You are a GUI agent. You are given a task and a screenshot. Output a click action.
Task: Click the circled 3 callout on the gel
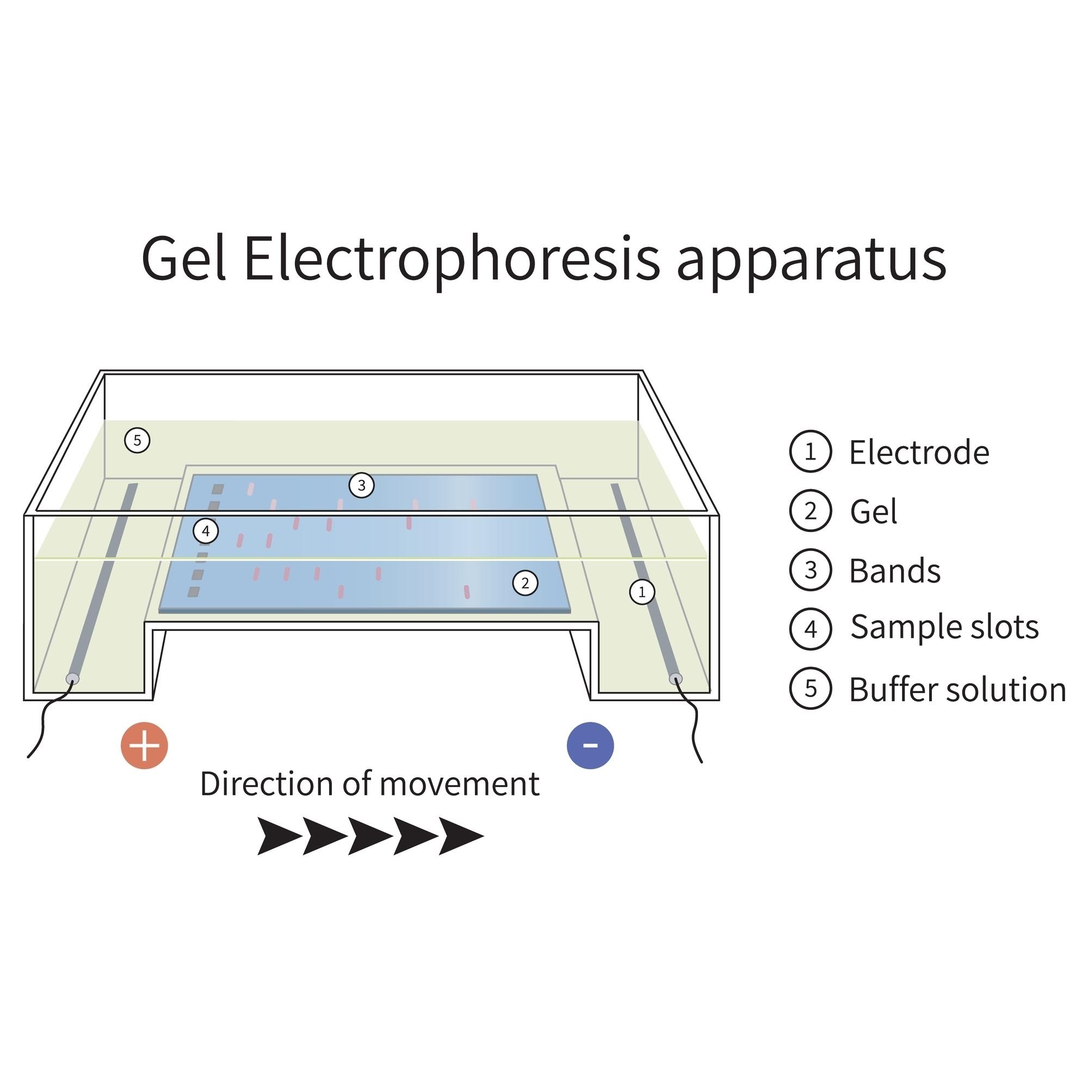click(361, 485)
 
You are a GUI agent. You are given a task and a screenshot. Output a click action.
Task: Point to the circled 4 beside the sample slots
click(206, 531)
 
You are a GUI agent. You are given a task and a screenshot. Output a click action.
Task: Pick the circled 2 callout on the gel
click(525, 583)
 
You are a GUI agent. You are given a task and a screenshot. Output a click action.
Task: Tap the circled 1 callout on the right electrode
click(641, 592)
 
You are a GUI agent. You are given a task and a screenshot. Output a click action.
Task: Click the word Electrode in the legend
click(918, 453)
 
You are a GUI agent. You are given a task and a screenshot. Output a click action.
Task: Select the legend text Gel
click(874, 512)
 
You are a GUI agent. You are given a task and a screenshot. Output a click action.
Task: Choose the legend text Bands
click(895, 572)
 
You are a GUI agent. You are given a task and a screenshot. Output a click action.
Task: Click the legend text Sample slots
click(944, 627)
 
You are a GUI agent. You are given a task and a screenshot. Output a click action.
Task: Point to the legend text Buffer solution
click(957, 690)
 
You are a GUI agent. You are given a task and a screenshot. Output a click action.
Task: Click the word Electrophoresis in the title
click(451, 260)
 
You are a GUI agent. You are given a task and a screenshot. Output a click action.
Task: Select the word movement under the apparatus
click(460, 784)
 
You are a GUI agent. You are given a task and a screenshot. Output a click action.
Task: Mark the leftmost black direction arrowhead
click(279, 836)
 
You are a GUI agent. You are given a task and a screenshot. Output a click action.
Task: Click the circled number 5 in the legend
click(811, 688)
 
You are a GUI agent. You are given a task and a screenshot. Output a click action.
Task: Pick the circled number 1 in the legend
click(811, 451)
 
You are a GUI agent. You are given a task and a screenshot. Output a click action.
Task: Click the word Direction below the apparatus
click(268, 784)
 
